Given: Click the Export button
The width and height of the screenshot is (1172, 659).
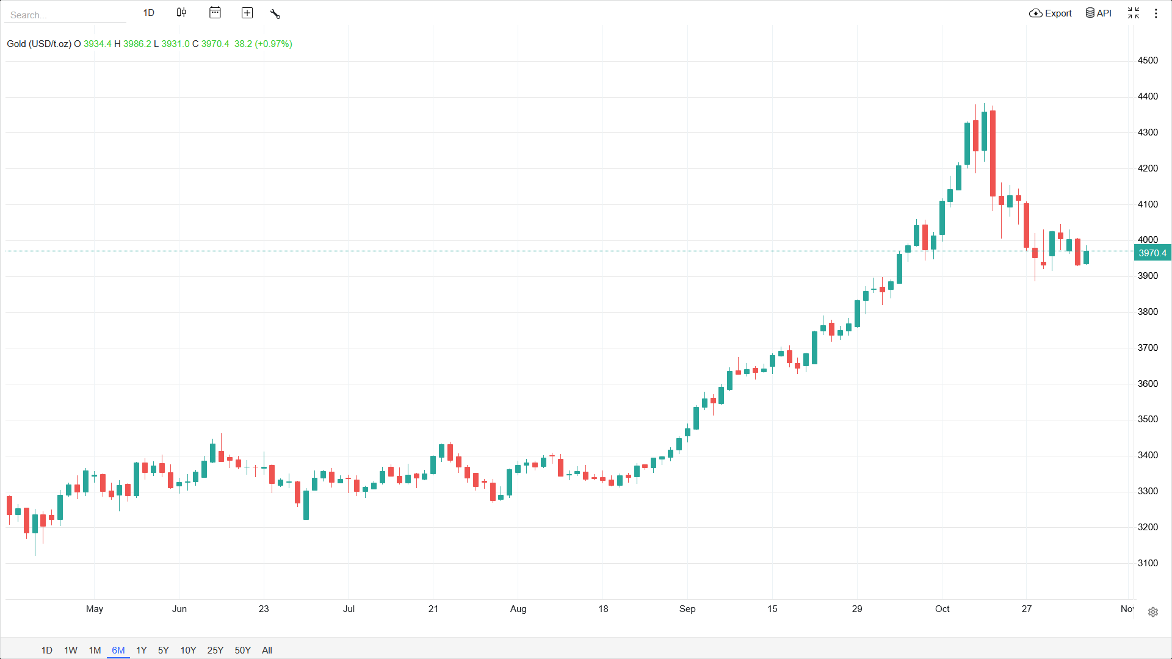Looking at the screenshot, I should coord(1051,13).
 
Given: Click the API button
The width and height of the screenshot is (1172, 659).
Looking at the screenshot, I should coord(1098,13).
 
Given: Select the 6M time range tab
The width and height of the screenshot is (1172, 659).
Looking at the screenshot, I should coord(118,650).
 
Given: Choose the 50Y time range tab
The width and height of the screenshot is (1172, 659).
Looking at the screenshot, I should coord(242,650).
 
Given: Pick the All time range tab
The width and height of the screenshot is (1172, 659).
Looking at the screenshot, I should coord(267,650).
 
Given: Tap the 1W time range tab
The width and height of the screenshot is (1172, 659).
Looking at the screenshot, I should coord(71,650).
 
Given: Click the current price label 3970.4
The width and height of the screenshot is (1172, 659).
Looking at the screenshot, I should coord(1152,253).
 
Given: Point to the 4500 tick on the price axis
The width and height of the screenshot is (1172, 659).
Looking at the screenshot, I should coord(1148,60).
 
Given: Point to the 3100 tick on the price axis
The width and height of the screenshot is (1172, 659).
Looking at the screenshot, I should coord(1148,563).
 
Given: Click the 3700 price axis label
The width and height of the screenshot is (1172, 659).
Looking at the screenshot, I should coord(1148,347).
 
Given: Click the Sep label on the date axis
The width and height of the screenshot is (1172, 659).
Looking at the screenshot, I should coord(687,608).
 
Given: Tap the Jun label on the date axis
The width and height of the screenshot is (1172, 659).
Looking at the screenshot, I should coord(179,608).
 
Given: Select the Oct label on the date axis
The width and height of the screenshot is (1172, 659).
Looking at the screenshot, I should coord(942,608).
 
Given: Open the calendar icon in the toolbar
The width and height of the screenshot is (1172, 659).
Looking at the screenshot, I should coord(215,13).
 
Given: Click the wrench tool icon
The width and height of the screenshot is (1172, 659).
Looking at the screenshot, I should coord(275,13).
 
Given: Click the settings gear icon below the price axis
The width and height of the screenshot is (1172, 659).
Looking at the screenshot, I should coord(1152,612).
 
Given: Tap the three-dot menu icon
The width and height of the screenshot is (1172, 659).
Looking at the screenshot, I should coord(1156,13).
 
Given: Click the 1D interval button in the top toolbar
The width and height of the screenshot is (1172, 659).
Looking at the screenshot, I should coord(149,13).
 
